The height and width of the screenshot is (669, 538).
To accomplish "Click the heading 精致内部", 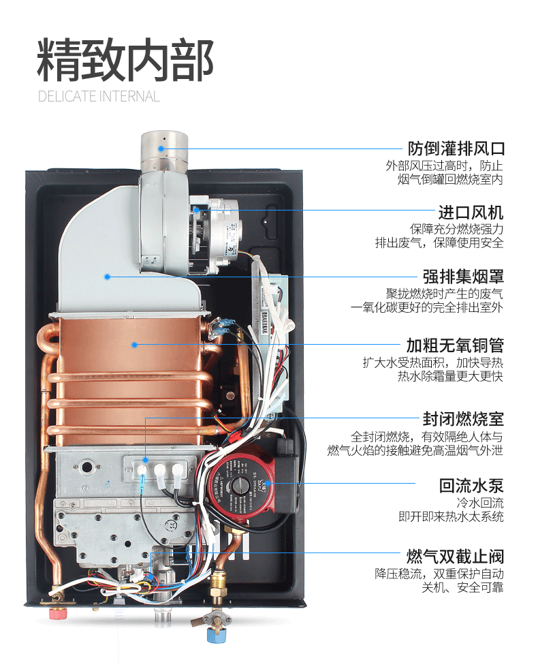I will [125, 60].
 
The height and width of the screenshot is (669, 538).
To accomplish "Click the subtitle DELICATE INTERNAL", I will [99, 96].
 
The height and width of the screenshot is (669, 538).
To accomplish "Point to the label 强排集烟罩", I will [463, 277].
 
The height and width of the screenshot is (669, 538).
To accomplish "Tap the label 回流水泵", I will [471, 486].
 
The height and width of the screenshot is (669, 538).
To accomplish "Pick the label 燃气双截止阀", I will [456, 555].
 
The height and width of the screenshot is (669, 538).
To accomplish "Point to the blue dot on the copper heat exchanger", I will [135, 345].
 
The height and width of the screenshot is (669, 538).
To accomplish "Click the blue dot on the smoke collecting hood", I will [107, 277].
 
